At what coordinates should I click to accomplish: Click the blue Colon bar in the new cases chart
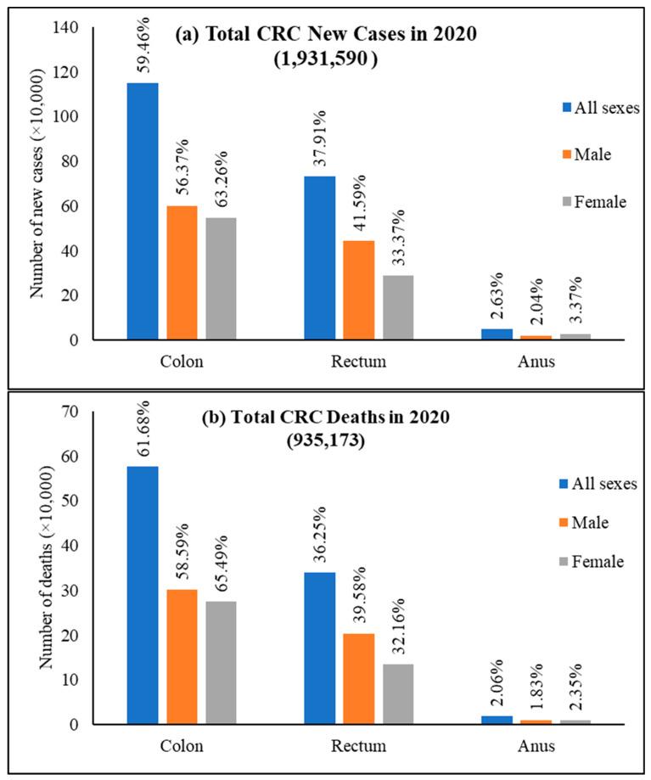click(x=143, y=211)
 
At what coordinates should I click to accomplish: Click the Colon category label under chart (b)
click(x=182, y=745)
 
